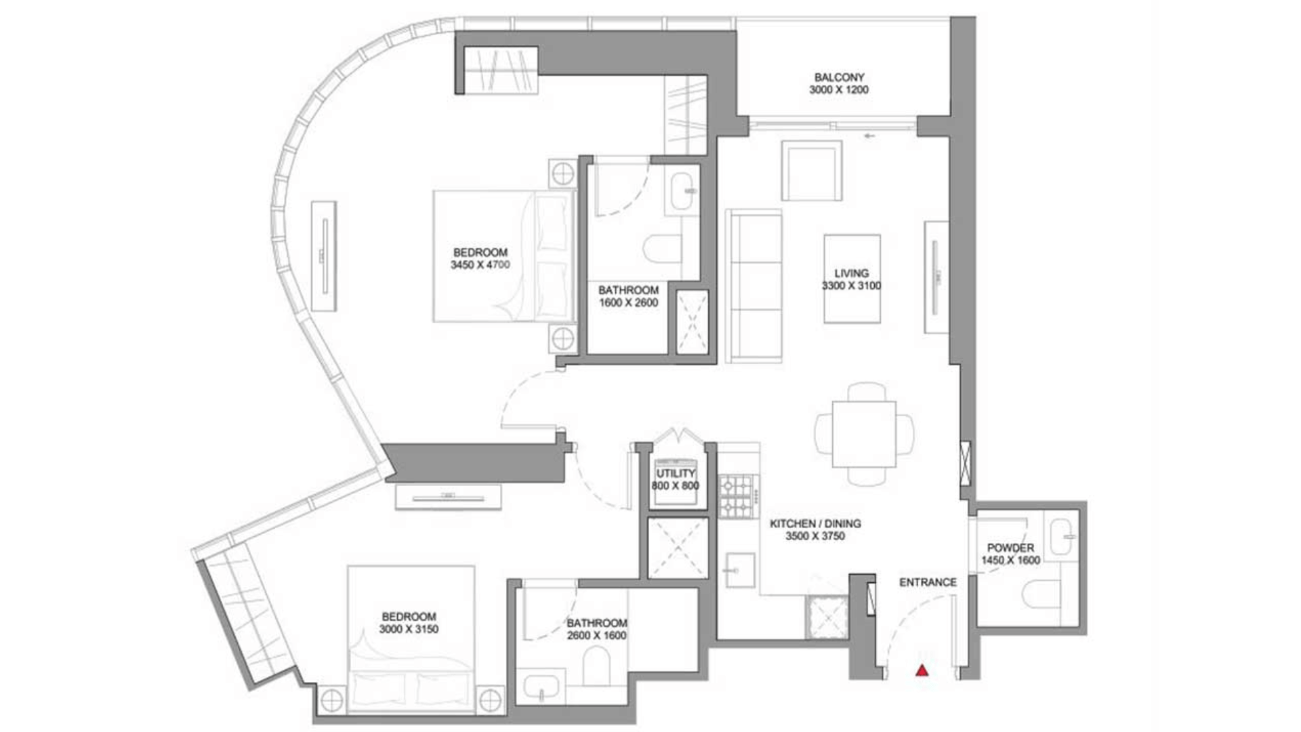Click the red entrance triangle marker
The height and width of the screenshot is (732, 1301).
(922, 670)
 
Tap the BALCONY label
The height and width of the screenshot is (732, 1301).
(839, 77)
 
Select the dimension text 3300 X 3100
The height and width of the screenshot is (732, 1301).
(852, 286)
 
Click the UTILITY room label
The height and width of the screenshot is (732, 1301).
(676, 473)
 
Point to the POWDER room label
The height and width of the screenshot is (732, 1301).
(1010, 548)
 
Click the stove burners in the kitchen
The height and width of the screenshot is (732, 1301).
(737, 496)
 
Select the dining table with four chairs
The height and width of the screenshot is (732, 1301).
(864, 434)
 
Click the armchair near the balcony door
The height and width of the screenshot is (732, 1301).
(812, 171)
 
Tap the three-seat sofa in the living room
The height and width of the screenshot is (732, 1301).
(753, 286)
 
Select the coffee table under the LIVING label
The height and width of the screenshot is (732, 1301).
(852, 279)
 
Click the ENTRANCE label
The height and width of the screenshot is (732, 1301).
(928, 582)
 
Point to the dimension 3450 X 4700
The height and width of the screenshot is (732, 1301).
(480, 265)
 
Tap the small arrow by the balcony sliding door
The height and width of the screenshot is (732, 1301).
(869, 136)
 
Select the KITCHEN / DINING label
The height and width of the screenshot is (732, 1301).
(815, 524)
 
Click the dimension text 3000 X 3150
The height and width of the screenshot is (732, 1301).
(409, 629)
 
